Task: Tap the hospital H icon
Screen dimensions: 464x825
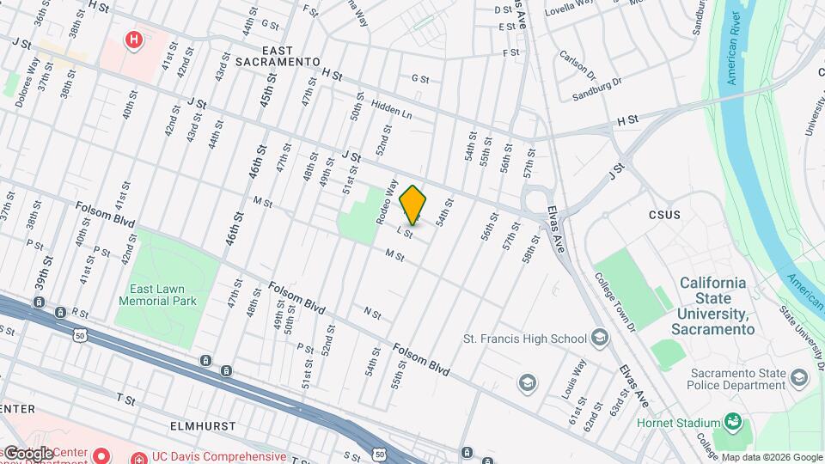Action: pyautogui.click(x=133, y=40)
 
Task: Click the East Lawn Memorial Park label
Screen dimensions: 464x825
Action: pyautogui.click(x=163, y=296)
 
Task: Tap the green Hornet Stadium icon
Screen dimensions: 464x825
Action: pyautogui.click(x=732, y=422)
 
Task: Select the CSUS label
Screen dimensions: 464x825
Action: pyautogui.click(x=664, y=215)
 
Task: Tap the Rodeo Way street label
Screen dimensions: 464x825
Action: pyautogui.click(x=385, y=202)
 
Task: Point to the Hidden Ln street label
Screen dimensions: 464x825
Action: pyautogui.click(x=392, y=109)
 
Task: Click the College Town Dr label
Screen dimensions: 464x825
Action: pyautogui.click(x=614, y=303)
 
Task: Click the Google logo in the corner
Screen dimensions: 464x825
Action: pyautogui.click(x=28, y=453)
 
